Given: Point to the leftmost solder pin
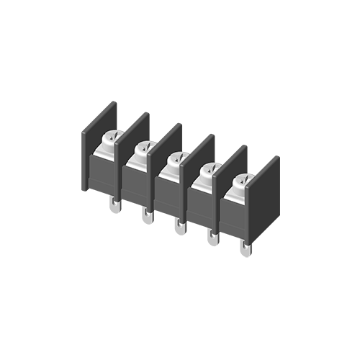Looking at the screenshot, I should coord(114,207).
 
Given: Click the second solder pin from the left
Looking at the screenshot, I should coord(147,216).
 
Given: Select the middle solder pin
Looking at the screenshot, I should coord(179,228).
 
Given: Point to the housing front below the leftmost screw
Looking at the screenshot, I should coord(103,176).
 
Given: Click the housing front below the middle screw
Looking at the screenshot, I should coord(169,198).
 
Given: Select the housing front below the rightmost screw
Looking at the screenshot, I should coord(235,220).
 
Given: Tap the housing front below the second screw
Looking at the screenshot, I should coord(136,187).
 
